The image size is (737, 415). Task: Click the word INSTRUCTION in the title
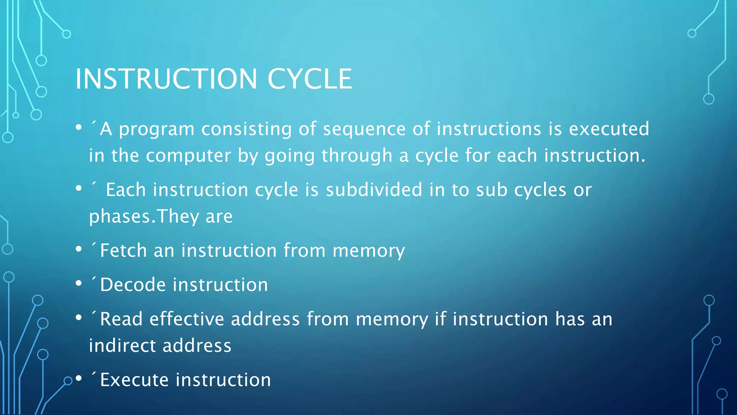tap(166, 79)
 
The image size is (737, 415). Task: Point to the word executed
tap(609, 129)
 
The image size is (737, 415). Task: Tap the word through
tap(357, 156)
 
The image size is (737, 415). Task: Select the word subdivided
tap(374, 190)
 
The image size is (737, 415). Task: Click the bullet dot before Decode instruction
tap(79, 284)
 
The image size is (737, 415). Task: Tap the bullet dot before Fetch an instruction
tap(79, 249)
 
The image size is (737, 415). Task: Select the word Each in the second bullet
tap(126, 190)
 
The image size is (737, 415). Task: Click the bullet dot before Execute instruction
tap(79, 379)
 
